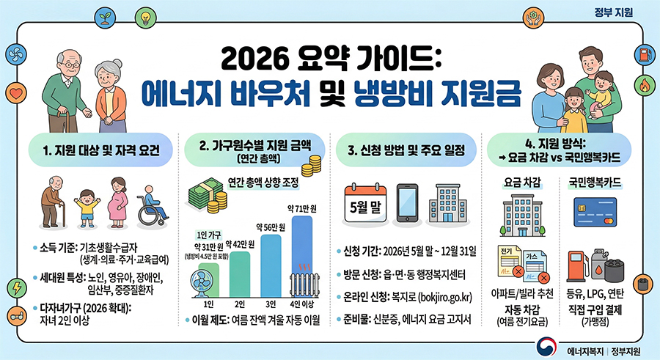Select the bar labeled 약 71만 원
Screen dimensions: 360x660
click(301, 253)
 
